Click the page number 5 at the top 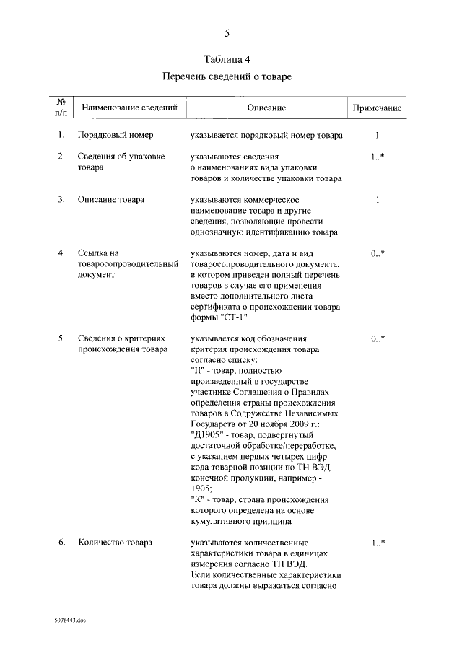[x=227, y=33]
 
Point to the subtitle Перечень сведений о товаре [x=227, y=77]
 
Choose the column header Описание [x=266, y=108]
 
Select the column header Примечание [x=377, y=108]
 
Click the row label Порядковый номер [x=115, y=135]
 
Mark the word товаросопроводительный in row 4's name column [x=128, y=264]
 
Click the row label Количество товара [x=115, y=543]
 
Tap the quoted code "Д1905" [x=206, y=435]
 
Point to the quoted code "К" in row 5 [x=198, y=499]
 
